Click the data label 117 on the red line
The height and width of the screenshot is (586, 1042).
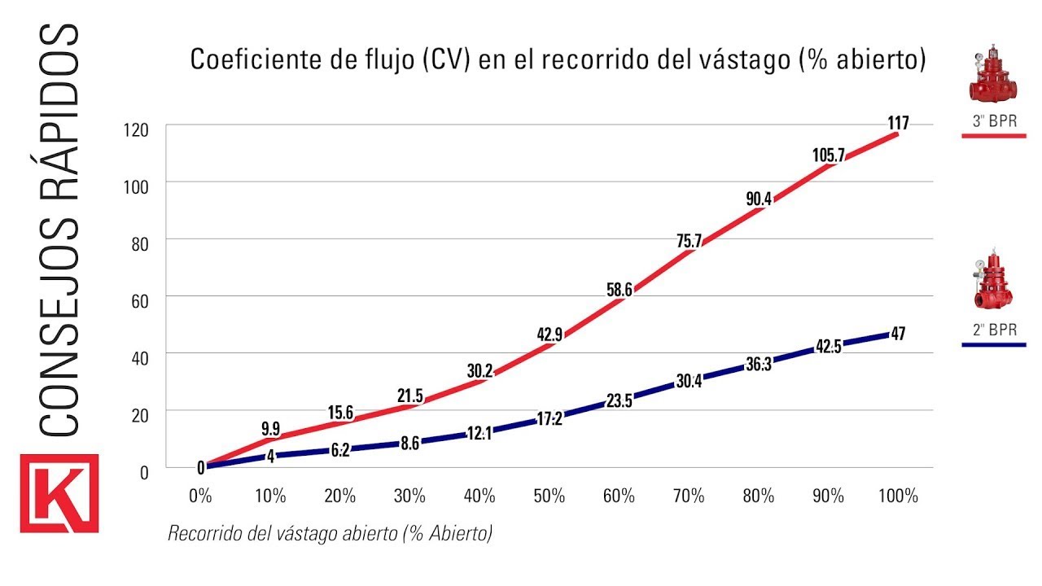tap(898, 124)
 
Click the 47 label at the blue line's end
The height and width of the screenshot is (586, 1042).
tap(898, 333)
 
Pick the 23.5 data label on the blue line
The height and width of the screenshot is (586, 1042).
tap(619, 399)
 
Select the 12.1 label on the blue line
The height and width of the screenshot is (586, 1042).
tap(479, 433)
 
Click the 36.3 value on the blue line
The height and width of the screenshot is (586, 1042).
tap(758, 365)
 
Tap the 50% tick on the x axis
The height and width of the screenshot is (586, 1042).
tap(549, 496)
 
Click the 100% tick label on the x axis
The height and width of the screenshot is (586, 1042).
tap(898, 496)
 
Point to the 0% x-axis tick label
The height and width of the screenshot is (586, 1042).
tap(200, 496)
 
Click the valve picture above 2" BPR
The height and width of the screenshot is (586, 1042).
tap(993, 285)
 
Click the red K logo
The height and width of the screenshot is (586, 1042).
tap(59, 493)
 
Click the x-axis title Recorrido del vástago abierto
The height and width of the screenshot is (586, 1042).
tap(330, 534)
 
